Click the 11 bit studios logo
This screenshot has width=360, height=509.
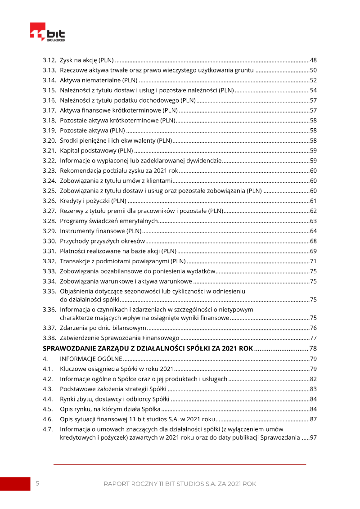coord(47,32)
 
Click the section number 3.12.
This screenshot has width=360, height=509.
coord(49,60)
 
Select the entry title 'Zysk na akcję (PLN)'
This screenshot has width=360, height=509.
coord(87,60)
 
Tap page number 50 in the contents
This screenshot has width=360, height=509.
coord(314,70)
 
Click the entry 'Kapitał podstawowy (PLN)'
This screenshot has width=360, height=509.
coord(96,150)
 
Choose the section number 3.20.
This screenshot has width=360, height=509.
coord(49,140)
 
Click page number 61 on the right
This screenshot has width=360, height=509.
coord(314,201)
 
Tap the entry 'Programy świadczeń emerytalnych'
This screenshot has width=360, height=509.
coord(108,221)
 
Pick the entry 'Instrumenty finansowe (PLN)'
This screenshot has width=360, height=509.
coord(100,231)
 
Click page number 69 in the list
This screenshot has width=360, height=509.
coord(314,251)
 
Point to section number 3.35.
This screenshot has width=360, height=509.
coord(49,291)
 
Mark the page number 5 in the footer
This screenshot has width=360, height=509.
coord(37,484)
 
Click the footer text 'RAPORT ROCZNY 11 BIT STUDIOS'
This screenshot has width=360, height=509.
coord(180,484)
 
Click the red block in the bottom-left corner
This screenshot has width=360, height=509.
coord(14,484)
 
